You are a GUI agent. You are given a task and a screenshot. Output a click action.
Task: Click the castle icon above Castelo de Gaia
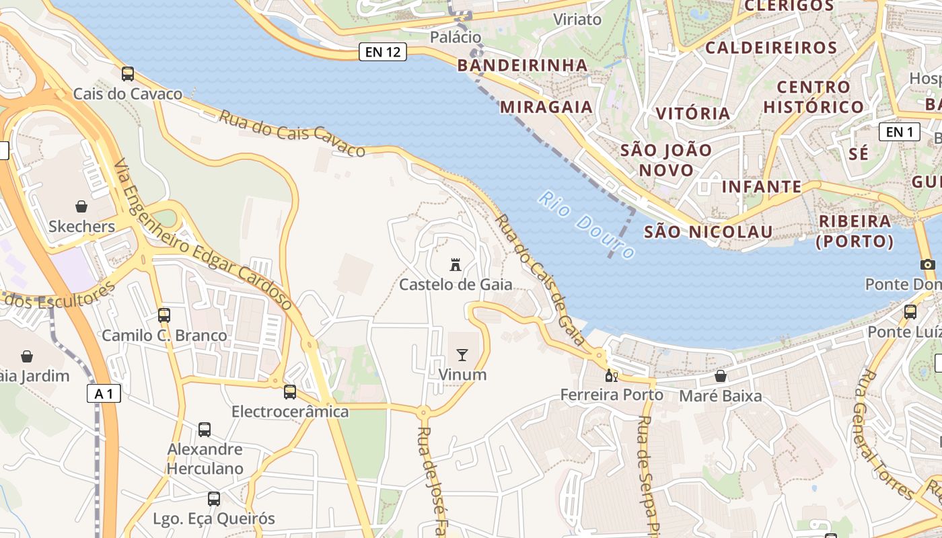(456, 264)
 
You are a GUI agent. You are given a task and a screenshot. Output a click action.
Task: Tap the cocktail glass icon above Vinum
(462, 354)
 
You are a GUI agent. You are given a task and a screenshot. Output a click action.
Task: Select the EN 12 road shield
(383, 52)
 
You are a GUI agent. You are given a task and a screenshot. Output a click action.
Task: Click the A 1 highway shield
(104, 393)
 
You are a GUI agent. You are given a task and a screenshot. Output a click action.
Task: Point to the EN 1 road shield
(900, 132)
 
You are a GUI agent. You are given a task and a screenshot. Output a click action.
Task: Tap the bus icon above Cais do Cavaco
(128, 73)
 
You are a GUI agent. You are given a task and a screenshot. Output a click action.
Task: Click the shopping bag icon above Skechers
(81, 206)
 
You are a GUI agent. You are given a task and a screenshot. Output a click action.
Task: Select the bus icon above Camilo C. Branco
(164, 315)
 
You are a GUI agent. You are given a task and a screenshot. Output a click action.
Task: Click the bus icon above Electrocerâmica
(290, 391)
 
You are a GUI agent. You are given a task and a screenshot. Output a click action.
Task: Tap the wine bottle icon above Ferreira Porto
(611, 375)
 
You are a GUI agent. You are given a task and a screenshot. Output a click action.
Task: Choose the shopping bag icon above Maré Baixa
(721, 376)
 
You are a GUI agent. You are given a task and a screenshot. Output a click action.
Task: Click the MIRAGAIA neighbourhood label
(546, 107)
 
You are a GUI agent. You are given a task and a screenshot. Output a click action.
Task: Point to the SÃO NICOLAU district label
(708, 232)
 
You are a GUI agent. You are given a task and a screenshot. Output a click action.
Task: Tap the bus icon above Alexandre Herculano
(205, 429)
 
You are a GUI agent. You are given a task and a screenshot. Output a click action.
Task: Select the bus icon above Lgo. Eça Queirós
(214, 499)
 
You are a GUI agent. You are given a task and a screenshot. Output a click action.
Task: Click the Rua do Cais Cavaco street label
(292, 132)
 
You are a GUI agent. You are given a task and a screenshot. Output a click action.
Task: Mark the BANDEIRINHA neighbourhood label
(522, 65)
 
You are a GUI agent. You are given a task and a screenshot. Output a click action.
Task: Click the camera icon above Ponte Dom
(928, 264)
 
